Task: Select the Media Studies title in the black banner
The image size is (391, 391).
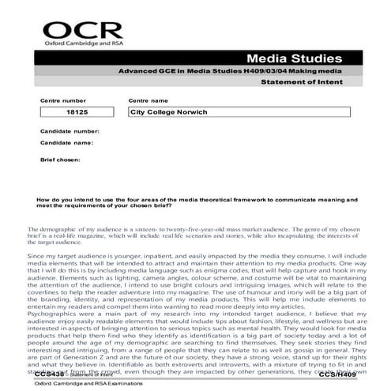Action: point(295,60)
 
